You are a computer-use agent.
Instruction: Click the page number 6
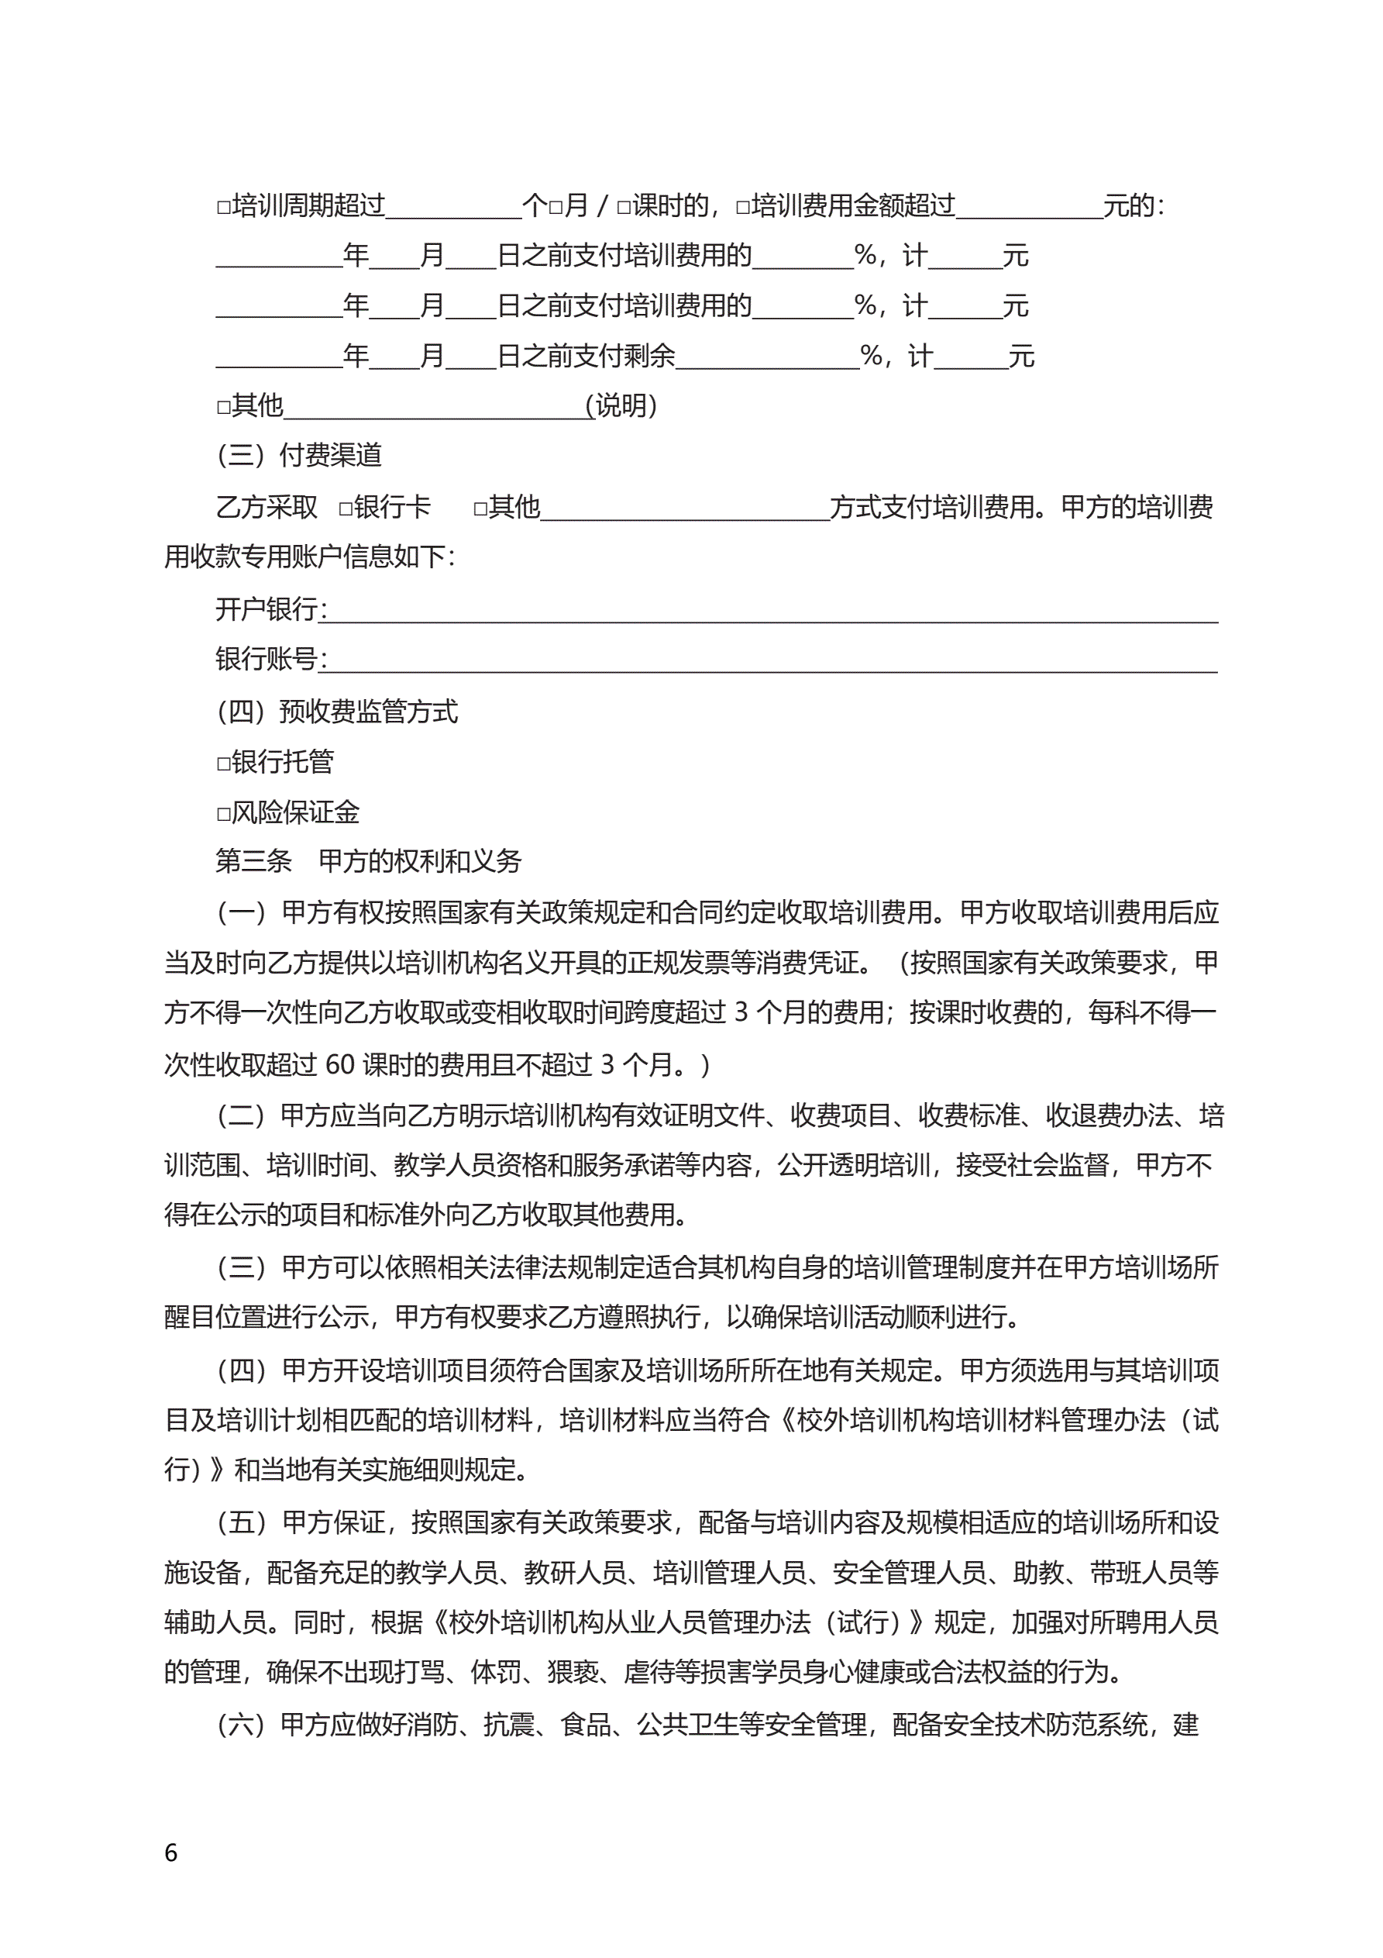click(171, 1853)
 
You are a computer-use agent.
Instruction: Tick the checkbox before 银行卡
click(346, 509)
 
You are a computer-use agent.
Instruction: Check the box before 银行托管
click(223, 764)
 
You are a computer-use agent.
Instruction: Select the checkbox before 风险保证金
click(223, 814)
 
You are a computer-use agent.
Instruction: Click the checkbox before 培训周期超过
click(223, 207)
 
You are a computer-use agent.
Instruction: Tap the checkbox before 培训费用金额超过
click(743, 207)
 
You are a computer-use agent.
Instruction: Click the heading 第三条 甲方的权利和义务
click(367, 861)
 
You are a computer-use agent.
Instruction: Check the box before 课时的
click(623, 207)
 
